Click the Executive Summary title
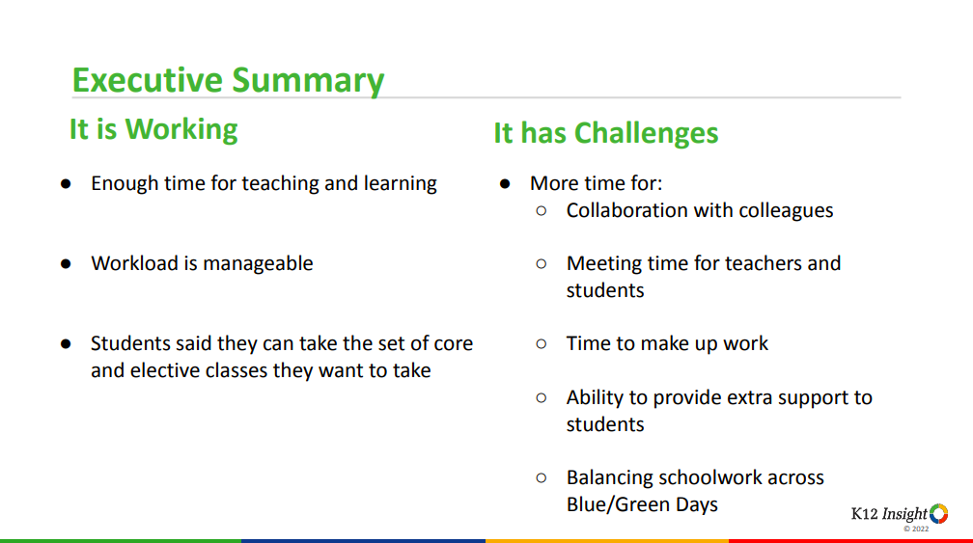(228, 80)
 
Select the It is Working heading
(153, 129)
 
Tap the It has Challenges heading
(605, 133)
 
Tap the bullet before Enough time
(66, 183)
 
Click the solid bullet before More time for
(505, 183)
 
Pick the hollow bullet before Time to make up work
(542, 343)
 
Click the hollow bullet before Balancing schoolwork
(542, 477)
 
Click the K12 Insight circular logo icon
(938, 513)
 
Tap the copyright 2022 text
(916, 529)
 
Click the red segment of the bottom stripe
(850, 541)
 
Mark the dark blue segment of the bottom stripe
(363, 541)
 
